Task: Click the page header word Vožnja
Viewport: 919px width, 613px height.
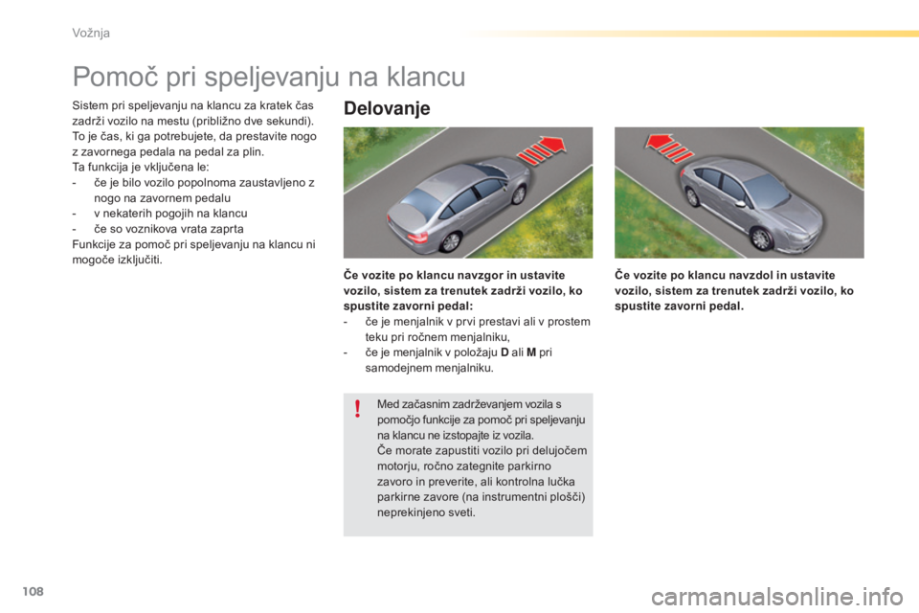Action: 90,34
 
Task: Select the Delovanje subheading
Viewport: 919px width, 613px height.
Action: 386,108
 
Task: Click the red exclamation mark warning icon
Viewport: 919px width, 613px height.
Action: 357,410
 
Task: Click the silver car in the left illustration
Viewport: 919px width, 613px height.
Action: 459,196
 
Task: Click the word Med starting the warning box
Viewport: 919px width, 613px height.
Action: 390,403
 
